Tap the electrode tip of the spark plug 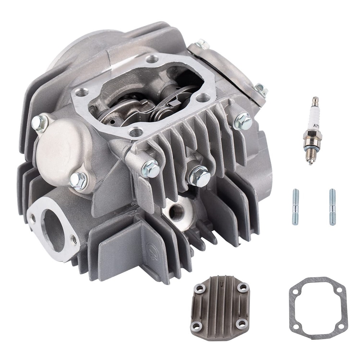tap(310, 163)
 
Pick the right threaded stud tap(332, 207)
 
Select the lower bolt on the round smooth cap tap(78, 180)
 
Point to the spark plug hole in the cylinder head tap(176, 212)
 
